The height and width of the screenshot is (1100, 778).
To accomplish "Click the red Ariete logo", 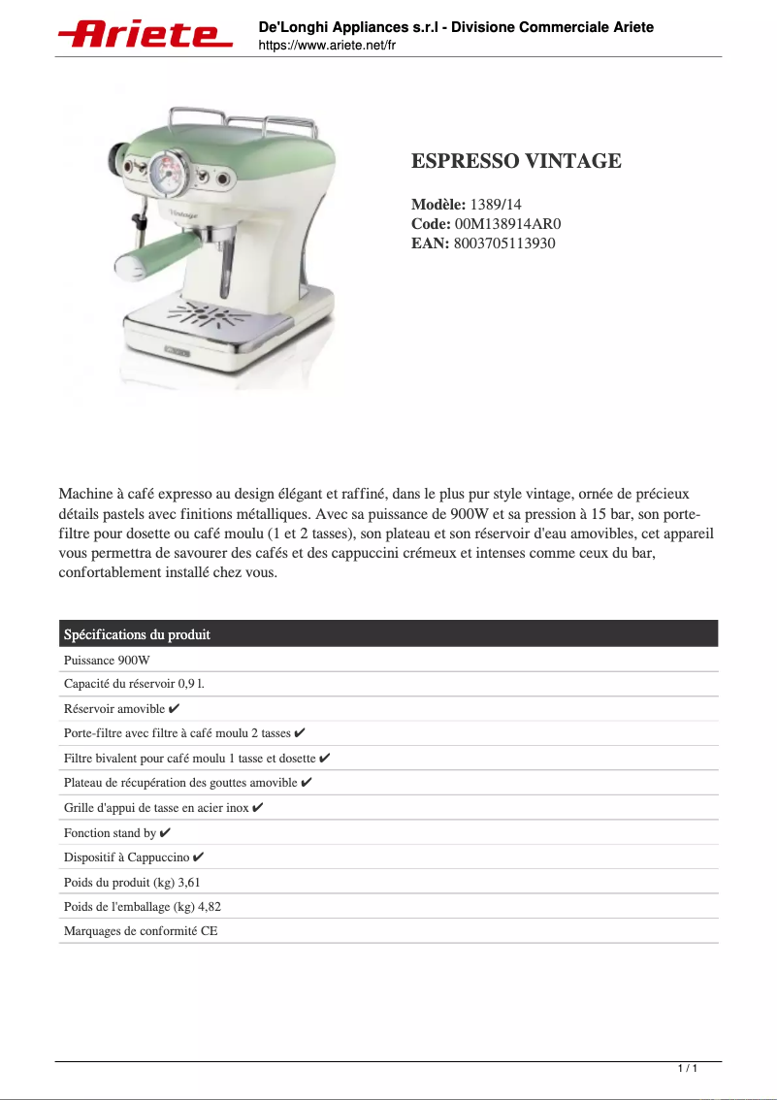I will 146,35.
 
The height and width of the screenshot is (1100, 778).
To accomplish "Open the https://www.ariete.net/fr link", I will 327,46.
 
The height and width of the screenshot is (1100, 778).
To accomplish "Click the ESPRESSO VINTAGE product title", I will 516,161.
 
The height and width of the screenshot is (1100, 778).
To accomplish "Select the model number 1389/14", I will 496,205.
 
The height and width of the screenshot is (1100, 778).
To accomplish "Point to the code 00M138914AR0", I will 507,224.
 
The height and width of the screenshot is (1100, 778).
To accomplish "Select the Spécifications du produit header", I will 137,634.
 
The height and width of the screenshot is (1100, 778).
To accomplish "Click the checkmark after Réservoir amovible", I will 174,709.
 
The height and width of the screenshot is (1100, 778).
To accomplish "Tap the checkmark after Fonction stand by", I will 165,833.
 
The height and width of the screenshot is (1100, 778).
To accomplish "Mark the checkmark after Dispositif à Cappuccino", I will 198,857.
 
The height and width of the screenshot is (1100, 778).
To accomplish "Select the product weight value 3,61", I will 189,883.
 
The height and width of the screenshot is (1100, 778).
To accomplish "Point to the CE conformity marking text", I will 209,931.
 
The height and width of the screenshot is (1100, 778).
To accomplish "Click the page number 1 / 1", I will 687,1068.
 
